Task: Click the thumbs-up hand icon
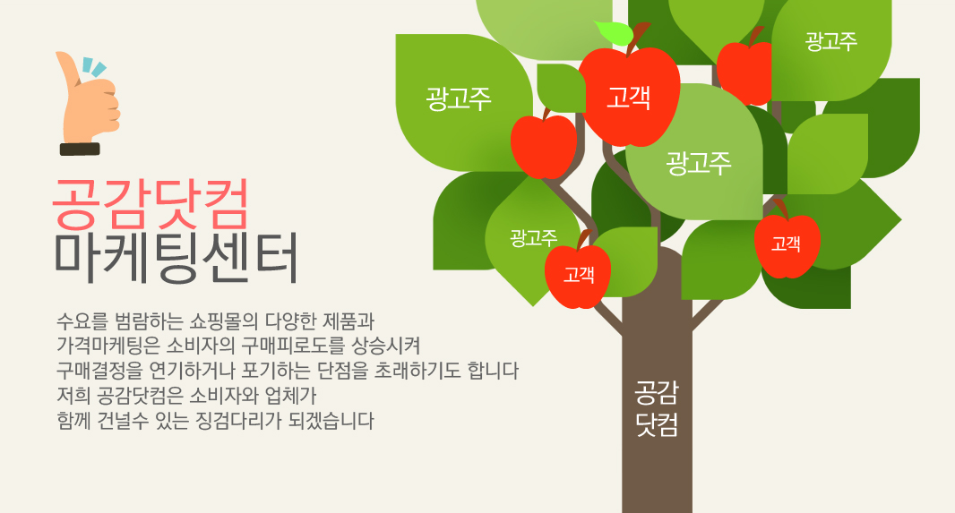pos(87,100)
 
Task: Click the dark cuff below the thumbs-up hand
pos(80,150)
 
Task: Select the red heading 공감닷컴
pos(151,203)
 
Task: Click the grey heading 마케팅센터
pos(176,258)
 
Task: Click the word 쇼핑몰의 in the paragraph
pos(224,321)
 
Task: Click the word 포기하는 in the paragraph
pos(276,371)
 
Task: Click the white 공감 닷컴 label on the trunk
pos(657,408)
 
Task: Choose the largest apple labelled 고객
pos(630,94)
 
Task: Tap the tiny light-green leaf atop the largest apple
pos(614,32)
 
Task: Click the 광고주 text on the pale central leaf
pos(698,163)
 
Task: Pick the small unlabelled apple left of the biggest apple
pos(543,146)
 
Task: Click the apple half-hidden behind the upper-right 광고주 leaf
pos(744,72)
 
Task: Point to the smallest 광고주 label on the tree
pos(534,237)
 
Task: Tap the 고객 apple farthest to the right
pos(787,244)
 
